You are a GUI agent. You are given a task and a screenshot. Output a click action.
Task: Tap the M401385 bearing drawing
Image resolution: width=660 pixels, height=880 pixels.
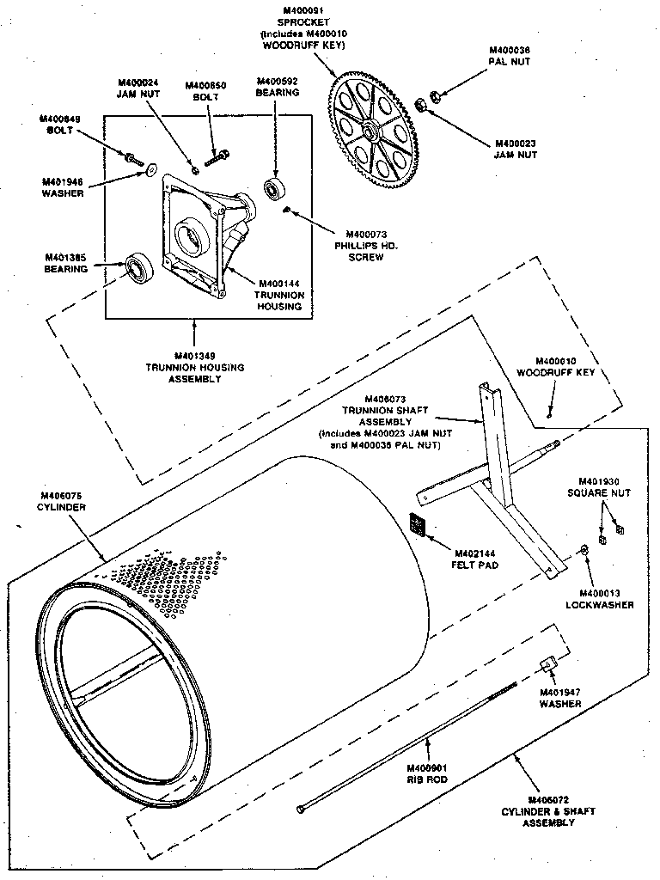pyautogui.click(x=137, y=268)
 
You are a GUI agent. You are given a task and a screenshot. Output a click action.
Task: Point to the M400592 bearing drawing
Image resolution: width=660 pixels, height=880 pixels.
pyautogui.click(x=275, y=189)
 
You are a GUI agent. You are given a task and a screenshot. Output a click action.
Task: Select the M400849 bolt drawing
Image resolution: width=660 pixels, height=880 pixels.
pyautogui.click(x=133, y=157)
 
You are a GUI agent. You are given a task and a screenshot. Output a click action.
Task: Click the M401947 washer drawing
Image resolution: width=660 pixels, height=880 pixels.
pyautogui.click(x=546, y=664)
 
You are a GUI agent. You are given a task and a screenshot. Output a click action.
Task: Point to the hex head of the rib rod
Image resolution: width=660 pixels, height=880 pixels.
pyautogui.click(x=300, y=809)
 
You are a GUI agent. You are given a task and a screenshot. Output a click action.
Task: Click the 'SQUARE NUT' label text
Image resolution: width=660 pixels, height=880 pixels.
pyautogui.click(x=599, y=493)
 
